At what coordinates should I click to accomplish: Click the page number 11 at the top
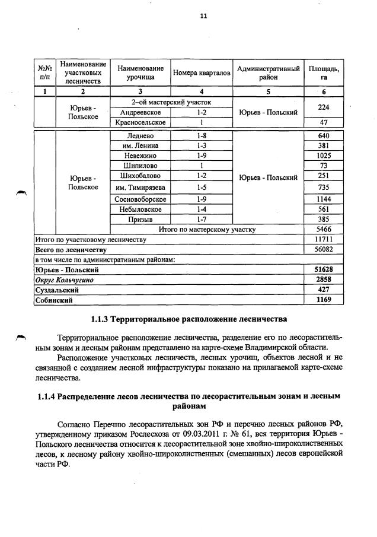(x=203, y=17)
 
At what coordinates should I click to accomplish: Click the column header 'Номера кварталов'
(x=202, y=74)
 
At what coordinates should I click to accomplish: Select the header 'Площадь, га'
(x=323, y=73)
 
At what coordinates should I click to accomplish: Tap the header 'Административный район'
(x=268, y=73)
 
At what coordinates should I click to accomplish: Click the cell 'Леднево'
(x=140, y=136)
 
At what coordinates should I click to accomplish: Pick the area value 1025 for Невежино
(x=323, y=155)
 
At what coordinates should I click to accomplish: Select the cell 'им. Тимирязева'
(x=140, y=188)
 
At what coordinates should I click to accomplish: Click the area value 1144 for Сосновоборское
(x=323, y=199)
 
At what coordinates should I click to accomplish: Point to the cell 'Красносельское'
(x=140, y=122)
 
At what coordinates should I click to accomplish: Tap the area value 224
(x=323, y=107)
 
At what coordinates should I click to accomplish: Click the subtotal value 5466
(x=323, y=229)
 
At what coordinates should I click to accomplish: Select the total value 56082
(x=323, y=250)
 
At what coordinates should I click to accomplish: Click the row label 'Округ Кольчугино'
(x=65, y=279)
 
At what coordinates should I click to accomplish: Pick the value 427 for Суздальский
(x=323, y=290)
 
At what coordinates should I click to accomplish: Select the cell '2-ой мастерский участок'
(x=171, y=102)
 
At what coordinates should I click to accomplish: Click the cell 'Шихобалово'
(x=140, y=176)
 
